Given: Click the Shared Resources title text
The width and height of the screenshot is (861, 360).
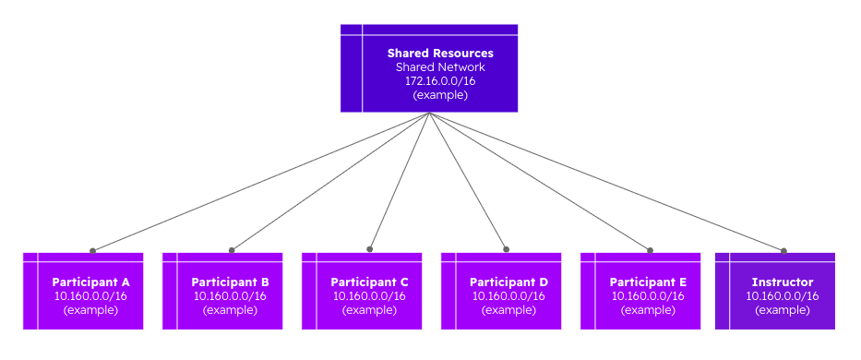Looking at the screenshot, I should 440,54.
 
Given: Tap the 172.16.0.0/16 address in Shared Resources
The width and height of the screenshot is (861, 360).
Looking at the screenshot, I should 440,81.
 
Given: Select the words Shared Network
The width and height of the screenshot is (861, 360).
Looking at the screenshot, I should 440,67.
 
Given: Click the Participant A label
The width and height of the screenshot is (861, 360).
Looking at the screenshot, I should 90,282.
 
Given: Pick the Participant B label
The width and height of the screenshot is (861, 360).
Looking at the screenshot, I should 230,282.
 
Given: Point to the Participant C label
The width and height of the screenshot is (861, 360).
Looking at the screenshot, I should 369,282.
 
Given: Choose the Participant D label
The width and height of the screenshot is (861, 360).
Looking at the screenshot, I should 508,282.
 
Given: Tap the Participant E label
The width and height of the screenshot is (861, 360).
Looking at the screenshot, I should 648,282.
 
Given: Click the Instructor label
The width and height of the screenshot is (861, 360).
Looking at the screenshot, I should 783,282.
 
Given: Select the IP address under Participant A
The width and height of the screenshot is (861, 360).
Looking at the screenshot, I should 90,295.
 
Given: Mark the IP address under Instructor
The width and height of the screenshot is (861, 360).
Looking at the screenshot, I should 783,295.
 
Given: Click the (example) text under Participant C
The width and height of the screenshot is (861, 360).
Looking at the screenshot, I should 369,309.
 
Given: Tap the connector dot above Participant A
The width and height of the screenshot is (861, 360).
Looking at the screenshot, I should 92,250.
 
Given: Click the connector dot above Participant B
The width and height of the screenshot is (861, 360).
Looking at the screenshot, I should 232,249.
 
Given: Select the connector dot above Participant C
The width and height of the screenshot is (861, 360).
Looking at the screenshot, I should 369,248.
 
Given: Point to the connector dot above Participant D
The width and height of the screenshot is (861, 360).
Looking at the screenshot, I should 507,248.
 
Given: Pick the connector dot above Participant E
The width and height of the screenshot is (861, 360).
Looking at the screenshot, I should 650,249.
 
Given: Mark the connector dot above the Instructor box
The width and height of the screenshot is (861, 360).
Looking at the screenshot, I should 783,250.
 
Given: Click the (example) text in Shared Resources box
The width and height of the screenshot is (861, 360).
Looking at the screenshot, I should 440,95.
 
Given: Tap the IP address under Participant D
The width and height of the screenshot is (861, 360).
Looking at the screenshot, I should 508,295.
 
